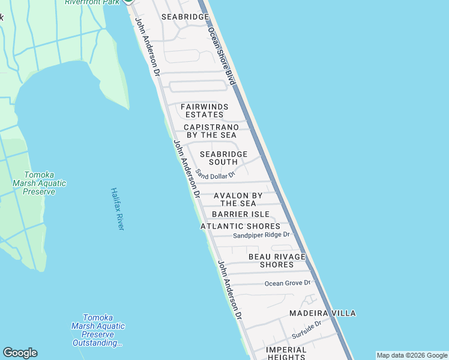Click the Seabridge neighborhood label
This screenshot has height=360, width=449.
click(x=185, y=17)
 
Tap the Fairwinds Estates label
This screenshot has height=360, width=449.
click(x=205, y=110)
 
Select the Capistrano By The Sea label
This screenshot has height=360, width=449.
click(x=211, y=131)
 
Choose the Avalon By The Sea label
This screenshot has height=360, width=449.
click(x=238, y=199)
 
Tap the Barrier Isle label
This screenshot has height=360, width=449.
click(x=241, y=214)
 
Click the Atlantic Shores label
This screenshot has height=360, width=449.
click(x=240, y=226)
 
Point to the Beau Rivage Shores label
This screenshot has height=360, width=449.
click(x=277, y=260)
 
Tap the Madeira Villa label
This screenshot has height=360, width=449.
click(x=322, y=313)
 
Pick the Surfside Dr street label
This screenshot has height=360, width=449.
click(x=307, y=329)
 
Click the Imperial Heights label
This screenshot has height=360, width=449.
click(x=286, y=353)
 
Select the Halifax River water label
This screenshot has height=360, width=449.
click(x=118, y=208)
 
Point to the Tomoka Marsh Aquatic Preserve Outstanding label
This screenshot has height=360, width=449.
click(x=98, y=330)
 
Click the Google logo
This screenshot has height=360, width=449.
click(x=20, y=353)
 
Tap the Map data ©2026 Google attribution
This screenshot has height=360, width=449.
click(x=412, y=355)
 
